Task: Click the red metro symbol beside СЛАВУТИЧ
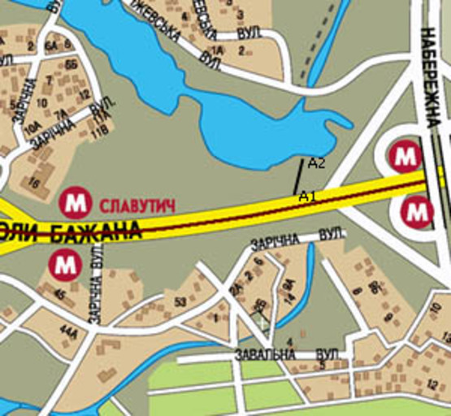pos(76,200)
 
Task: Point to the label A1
pos(306,196)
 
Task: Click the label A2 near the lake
pos(317,163)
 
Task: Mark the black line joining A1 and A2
pos(298,176)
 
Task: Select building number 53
pos(179,302)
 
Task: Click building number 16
pos(33,184)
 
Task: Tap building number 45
pos(59,294)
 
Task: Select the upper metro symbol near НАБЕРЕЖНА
pos(404,154)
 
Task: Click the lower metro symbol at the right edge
pos(418,212)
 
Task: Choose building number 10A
pos(33,128)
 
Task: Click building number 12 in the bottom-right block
pos(432,383)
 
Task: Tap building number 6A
pos(50,45)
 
